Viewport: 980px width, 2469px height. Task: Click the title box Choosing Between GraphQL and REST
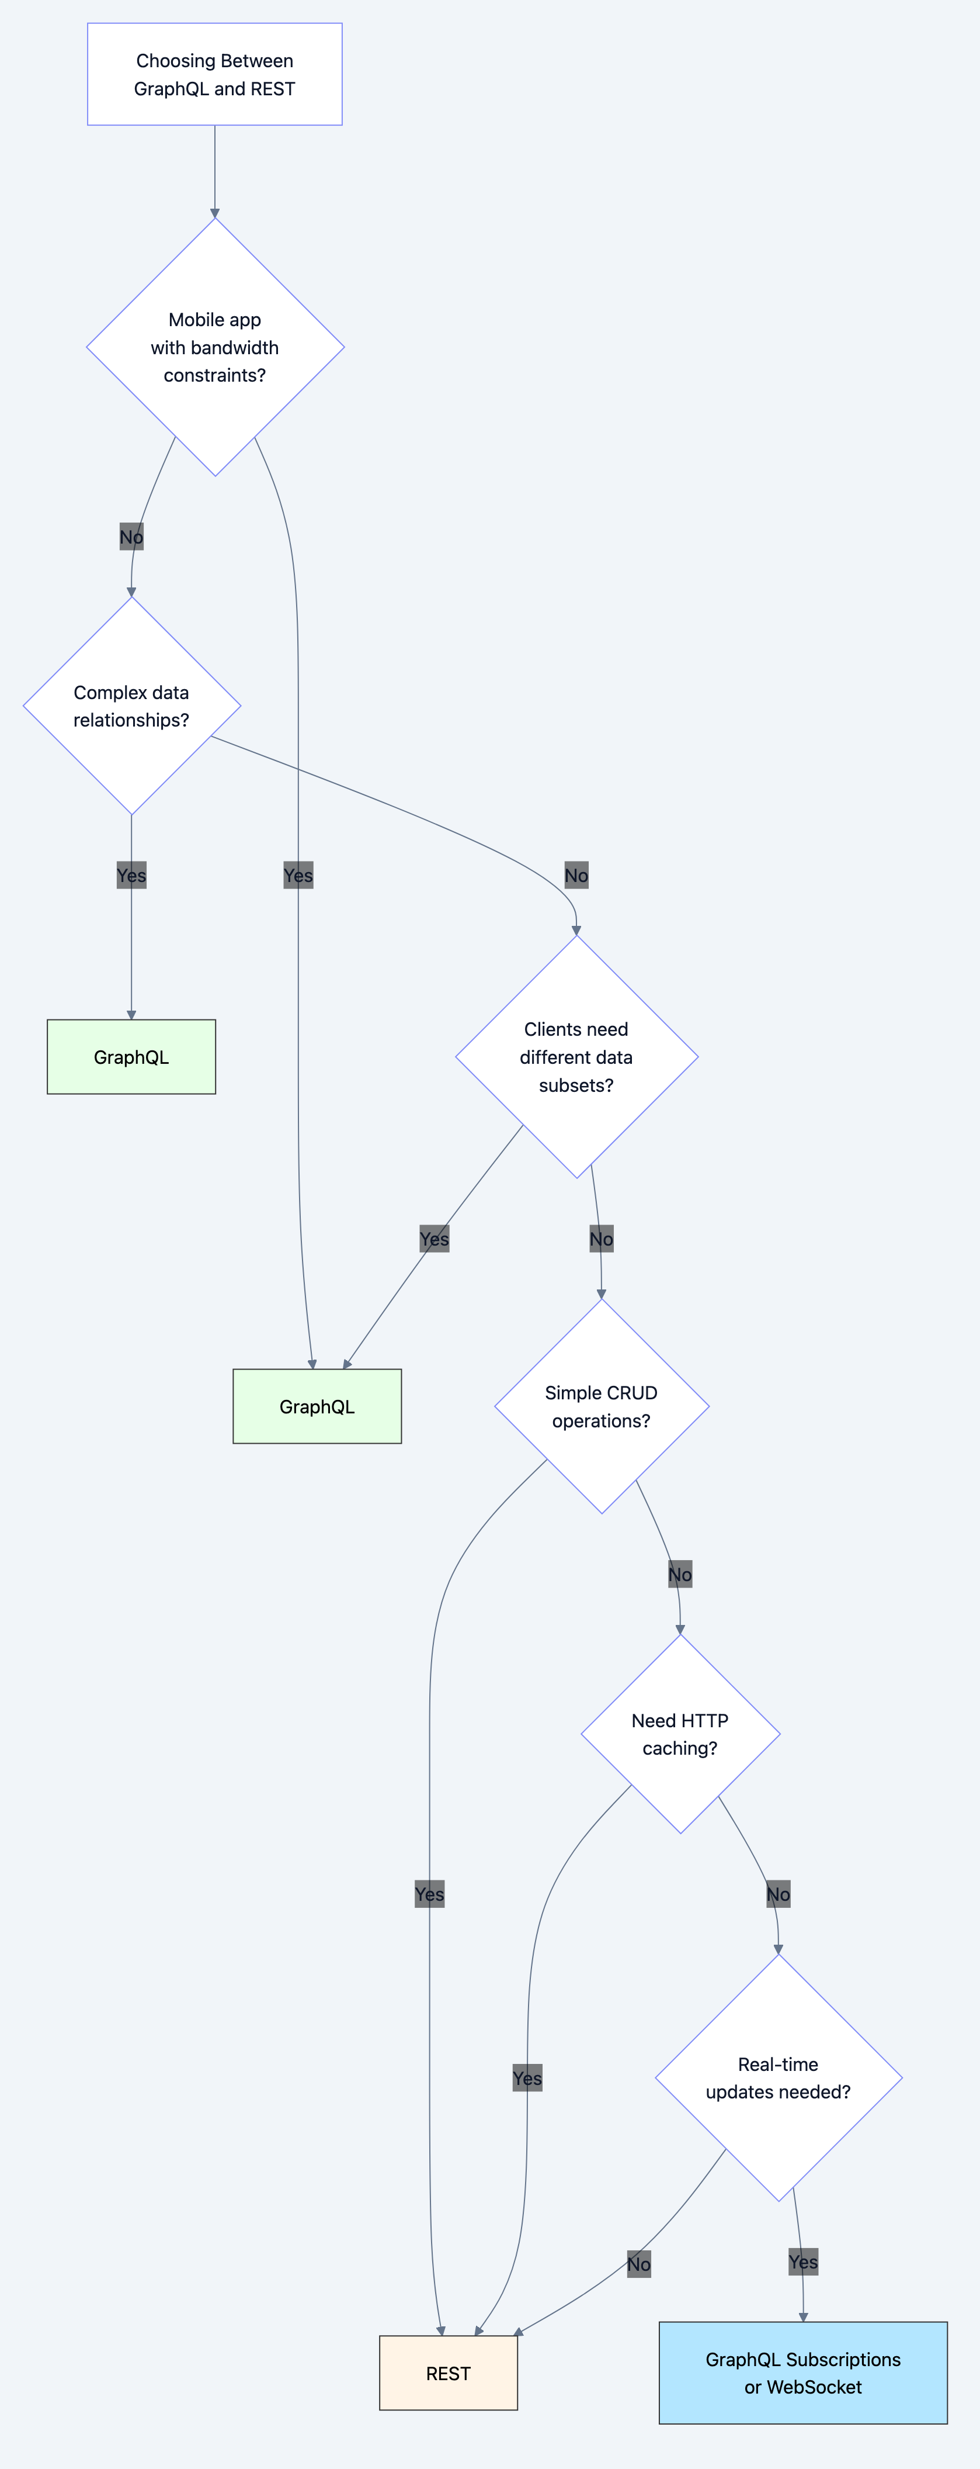(x=214, y=74)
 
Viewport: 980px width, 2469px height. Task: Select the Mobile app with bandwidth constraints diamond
(x=214, y=347)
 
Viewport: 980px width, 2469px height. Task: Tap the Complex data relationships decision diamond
(x=131, y=706)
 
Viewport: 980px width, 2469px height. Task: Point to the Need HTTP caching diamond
(x=680, y=1734)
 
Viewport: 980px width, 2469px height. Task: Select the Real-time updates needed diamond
(x=778, y=2078)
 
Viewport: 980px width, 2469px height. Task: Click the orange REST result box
(x=449, y=2373)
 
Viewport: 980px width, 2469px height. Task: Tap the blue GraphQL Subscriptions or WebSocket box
(x=803, y=2373)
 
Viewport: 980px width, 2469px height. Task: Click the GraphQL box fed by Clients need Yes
(x=317, y=1406)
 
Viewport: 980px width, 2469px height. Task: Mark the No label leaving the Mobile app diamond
(x=131, y=537)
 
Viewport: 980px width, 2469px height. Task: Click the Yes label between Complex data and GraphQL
(x=131, y=875)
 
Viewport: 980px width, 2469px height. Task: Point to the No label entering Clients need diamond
(x=576, y=875)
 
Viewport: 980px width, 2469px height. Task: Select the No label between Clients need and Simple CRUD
(x=600, y=1239)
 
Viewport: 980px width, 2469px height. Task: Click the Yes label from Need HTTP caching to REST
(x=527, y=2078)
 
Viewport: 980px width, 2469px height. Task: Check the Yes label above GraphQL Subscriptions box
(x=803, y=2262)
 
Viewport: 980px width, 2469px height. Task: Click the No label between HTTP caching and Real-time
(x=778, y=1894)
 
